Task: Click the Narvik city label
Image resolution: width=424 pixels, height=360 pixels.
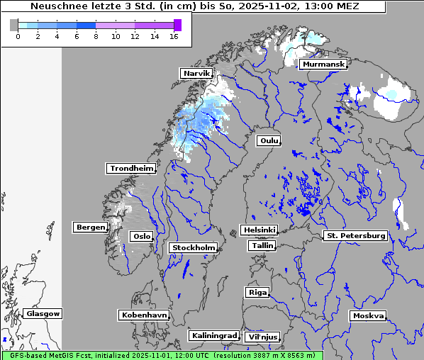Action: [x=196, y=73]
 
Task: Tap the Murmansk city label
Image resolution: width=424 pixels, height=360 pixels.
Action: [x=323, y=64]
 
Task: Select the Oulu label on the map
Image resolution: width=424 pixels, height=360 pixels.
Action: [x=269, y=140]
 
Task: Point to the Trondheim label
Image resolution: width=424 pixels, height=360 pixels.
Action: [x=131, y=168]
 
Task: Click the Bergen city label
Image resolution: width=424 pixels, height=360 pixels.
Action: [x=89, y=227]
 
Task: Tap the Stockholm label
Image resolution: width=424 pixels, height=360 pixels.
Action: [x=193, y=247]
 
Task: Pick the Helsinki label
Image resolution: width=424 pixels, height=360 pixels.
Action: [x=258, y=230]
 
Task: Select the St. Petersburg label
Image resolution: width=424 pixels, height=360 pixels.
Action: [x=355, y=235]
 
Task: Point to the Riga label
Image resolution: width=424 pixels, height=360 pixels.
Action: [x=257, y=292]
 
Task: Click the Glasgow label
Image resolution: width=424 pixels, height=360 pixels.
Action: [x=43, y=313]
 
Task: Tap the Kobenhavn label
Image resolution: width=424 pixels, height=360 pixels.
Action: [x=143, y=314]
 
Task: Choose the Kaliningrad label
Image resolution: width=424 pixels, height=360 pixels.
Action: [x=213, y=335]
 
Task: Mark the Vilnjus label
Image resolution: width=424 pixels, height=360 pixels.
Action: [x=262, y=337]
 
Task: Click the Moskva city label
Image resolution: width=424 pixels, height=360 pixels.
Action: [x=368, y=315]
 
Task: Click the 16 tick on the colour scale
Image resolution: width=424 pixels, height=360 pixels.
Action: [x=174, y=35]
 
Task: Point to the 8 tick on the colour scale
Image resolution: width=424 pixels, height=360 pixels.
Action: [x=95, y=35]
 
